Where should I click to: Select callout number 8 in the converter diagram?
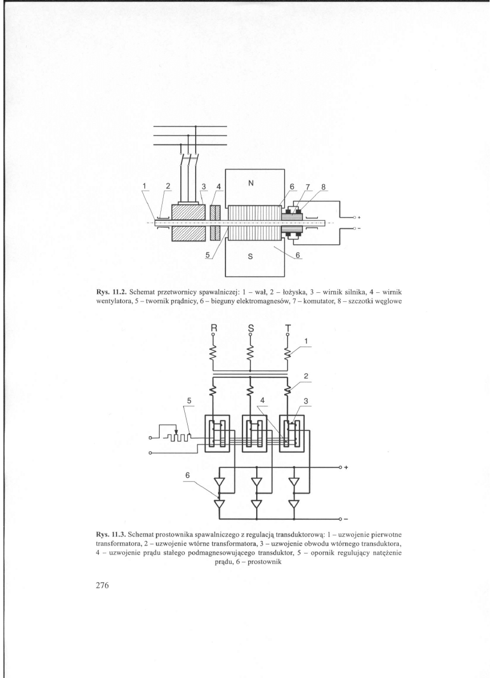tap(325, 186)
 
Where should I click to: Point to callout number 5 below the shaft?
tap(208, 255)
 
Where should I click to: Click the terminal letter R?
tap(213, 329)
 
